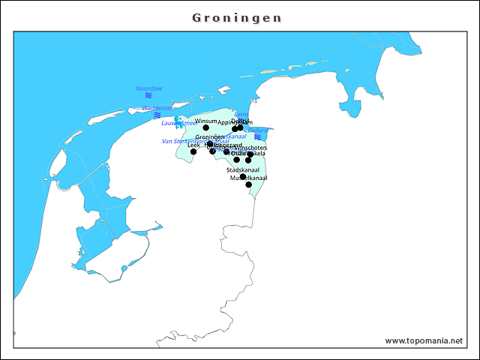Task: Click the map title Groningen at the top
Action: pos(237,17)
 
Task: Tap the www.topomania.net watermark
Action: pos(424,340)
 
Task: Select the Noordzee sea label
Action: pos(148,88)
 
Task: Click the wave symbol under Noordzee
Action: pos(148,96)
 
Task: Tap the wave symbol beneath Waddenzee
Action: pos(157,115)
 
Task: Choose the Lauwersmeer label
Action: pos(179,123)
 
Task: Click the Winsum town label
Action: pos(205,121)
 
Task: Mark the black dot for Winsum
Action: pos(205,127)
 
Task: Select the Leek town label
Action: pos(193,145)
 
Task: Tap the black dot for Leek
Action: pos(193,151)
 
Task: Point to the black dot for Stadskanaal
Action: pos(242,177)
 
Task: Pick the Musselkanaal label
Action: pos(248,178)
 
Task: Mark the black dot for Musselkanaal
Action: pos(248,184)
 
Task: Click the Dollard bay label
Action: pos(258,130)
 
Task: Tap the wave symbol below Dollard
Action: pos(257,137)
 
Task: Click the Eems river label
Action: pos(241,114)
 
